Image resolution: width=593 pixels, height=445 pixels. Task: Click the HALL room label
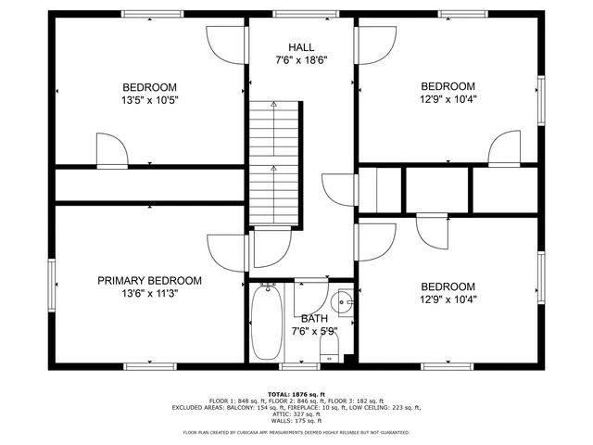[x=301, y=47]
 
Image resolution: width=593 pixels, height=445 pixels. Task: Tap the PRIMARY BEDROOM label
[x=150, y=281]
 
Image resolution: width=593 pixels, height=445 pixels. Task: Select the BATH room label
[x=314, y=319]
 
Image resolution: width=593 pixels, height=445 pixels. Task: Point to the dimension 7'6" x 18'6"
[x=301, y=60]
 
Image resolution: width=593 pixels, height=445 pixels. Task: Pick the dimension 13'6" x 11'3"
[x=150, y=294]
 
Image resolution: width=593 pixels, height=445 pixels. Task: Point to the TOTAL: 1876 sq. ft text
[x=296, y=394]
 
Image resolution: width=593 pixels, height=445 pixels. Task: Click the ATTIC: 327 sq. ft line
[x=296, y=414]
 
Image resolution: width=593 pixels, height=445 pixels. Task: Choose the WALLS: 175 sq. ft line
[x=296, y=421]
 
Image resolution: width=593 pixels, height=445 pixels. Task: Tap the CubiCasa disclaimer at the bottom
[x=296, y=432]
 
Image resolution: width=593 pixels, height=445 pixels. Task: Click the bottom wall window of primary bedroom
[x=150, y=366]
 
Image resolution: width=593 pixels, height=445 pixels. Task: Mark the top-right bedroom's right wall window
[x=543, y=97]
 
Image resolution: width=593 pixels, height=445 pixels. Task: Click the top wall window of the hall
[x=301, y=14]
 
